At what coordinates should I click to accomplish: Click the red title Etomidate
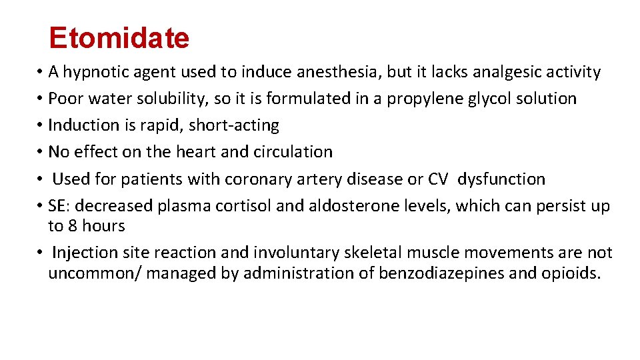(119, 39)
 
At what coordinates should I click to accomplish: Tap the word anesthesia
(318, 72)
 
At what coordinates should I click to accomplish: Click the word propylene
(420, 99)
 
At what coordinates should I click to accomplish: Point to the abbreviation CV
(437, 179)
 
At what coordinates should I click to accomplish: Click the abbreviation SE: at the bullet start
(59, 206)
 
